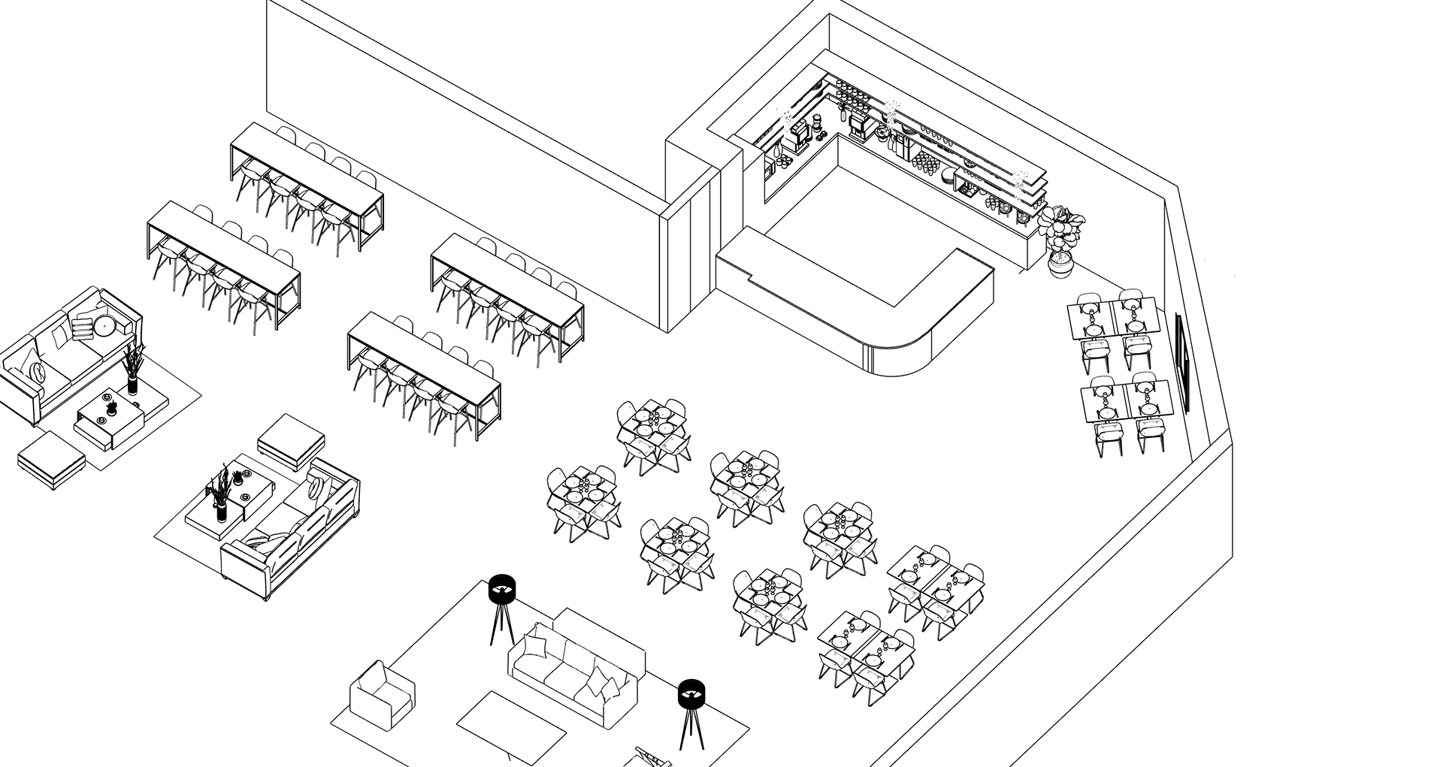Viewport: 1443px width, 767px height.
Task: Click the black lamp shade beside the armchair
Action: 501,588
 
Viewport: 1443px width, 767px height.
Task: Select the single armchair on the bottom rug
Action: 383,695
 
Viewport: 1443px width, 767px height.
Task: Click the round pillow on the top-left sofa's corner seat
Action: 104,325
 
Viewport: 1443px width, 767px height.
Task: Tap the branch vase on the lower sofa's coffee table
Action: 221,496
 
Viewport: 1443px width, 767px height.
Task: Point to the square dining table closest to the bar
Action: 652,429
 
